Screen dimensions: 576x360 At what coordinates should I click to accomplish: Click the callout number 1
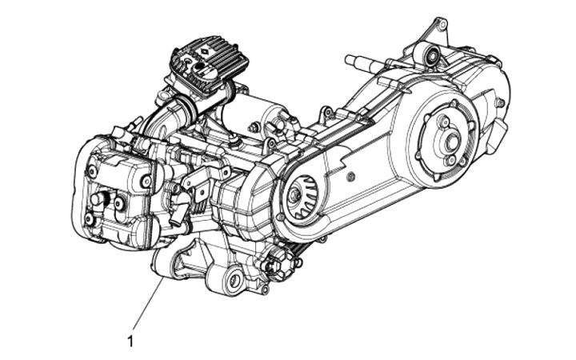click(x=130, y=342)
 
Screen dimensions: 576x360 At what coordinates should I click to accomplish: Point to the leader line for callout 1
click(x=148, y=304)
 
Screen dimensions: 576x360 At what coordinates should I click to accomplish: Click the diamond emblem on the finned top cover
click(x=202, y=53)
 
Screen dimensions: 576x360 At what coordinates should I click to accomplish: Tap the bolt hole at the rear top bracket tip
click(x=443, y=25)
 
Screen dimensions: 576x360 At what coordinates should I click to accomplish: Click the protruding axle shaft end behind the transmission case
click(x=355, y=61)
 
